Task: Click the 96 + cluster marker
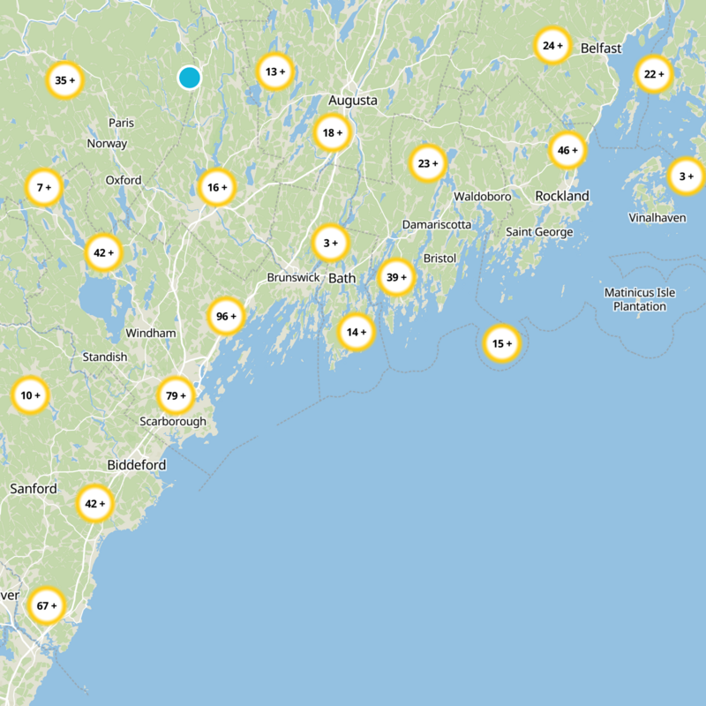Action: [227, 316]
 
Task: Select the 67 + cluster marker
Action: [47, 606]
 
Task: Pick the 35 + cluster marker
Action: [64, 80]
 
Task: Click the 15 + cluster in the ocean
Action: [502, 343]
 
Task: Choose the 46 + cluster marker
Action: [567, 151]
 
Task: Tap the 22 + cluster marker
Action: [654, 74]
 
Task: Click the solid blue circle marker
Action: [189, 78]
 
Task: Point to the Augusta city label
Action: [353, 101]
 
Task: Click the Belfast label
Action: [601, 49]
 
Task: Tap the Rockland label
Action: [562, 195]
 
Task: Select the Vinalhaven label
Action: [657, 217]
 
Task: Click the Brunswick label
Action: [294, 277]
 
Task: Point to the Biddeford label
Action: [137, 464]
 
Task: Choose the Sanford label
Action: [34, 488]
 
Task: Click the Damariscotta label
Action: [437, 225]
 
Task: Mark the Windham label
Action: [151, 334]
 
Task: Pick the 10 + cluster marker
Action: [30, 396]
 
